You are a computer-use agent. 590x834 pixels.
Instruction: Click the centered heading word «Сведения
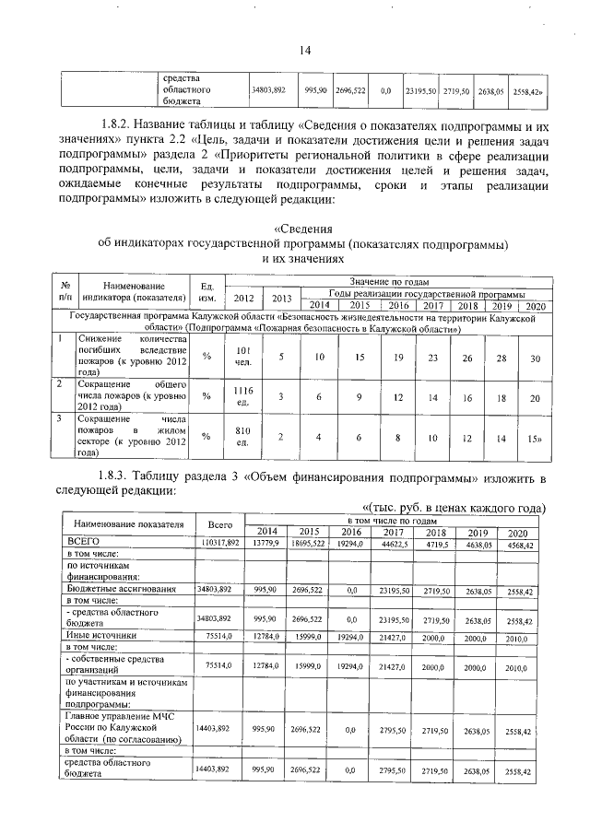pos(304,229)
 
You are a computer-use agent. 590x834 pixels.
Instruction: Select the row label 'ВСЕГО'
pos(82,541)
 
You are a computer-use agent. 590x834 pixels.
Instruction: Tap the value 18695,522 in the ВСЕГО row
pos(310,542)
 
